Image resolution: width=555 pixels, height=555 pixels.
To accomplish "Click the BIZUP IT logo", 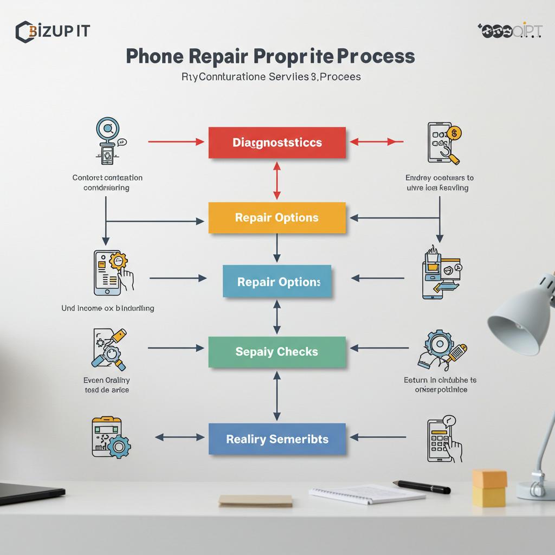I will [52, 31].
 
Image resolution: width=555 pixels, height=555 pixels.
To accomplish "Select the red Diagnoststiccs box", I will [277, 143].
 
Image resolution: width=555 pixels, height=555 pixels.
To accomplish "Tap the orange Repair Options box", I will [277, 218].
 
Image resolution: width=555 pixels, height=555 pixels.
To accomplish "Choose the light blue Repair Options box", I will [277, 282].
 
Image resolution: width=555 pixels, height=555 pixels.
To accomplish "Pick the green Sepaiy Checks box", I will [277, 352].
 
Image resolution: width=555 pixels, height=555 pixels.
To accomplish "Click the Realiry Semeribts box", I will [277, 438].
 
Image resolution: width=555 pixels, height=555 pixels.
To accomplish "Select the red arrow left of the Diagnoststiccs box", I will [176, 142].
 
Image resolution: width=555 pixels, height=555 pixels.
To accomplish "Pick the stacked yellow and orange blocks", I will [489, 487].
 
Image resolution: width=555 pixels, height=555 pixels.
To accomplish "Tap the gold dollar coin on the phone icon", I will [455, 132].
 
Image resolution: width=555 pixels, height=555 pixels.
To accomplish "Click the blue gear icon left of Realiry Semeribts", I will [118, 446].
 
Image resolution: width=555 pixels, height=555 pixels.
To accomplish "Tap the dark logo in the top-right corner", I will [509, 31].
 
